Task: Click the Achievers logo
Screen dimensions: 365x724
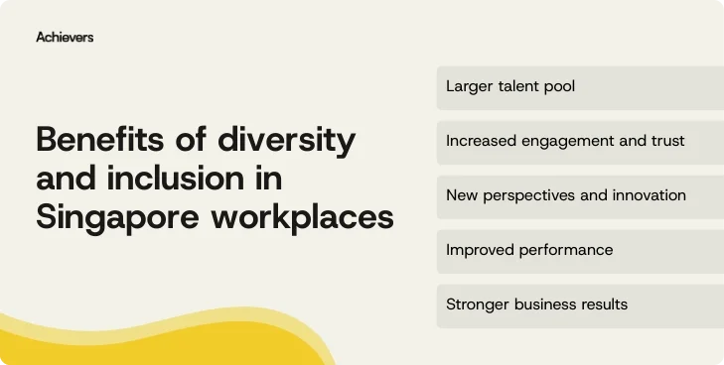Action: click(x=65, y=37)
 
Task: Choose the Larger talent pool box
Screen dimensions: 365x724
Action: click(x=580, y=87)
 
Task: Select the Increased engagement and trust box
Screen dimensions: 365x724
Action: click(x=580, y=142)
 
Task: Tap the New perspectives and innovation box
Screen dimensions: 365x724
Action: click(x=580, y=195)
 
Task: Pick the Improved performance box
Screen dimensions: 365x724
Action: click(x=580, y=250)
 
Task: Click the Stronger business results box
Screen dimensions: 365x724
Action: click(x=580, y=304)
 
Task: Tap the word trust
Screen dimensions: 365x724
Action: click(x=666, y=141)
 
